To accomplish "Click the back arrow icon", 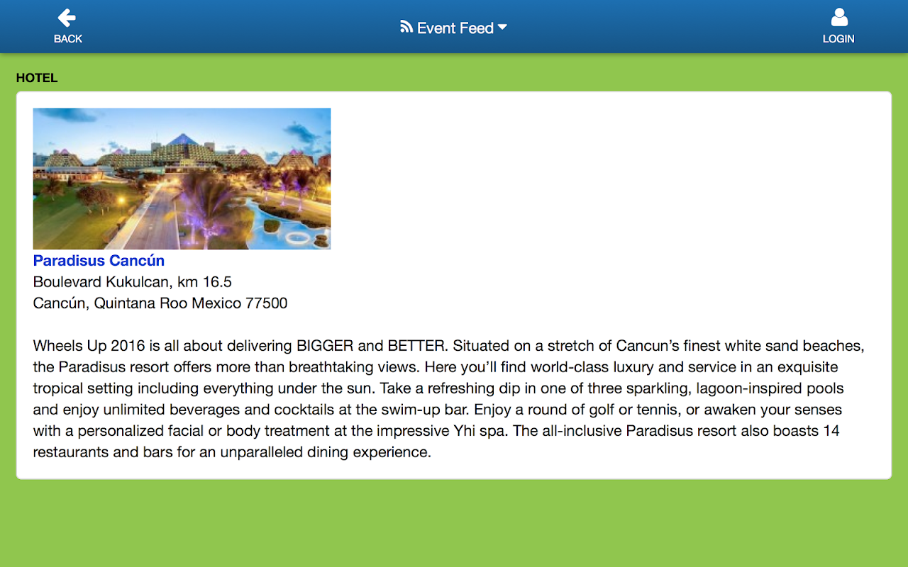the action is (x=67, y=18).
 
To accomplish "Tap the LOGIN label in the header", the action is (x=838, y=39).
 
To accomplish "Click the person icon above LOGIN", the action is (x=839, y=18).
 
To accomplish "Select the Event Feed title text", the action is (x=455, y=28).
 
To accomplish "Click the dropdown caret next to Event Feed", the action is (x=502, y=27).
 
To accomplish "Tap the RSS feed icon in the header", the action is (x=406, y=27).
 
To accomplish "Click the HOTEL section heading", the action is (x=37, y=78).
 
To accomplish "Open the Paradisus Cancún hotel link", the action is (x=99, y=260).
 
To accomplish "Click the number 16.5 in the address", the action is (x=217, y=282).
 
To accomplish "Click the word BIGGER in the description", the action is (x=325, y=346).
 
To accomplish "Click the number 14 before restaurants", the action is (x=831, y=431).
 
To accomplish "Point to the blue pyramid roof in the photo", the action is (x=183, y=140).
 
